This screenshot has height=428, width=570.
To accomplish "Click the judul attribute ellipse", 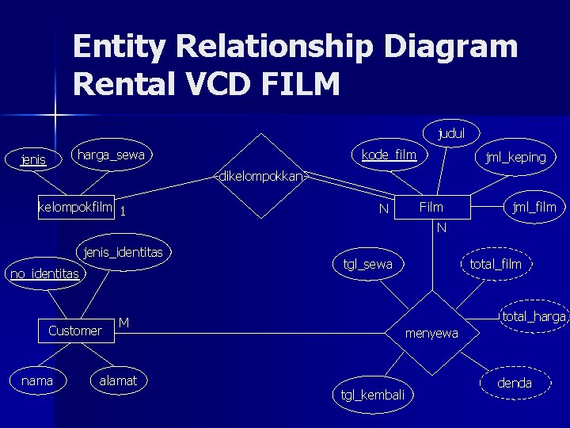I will click(x=450, y=133).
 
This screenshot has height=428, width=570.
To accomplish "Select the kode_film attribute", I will click(x=388, y=155).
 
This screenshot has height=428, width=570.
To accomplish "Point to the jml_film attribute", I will click(x=534, y=208).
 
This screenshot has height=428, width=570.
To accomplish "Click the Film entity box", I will click(x=431, y=208).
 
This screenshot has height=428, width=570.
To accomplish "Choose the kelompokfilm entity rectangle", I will click(x=76, y=208).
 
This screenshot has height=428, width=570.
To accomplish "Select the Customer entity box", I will click(x=75, y=331).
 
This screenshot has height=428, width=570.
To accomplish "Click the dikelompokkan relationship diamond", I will click(x=260, y=176).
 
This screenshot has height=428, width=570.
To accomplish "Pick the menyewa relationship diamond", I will click(x=431, y=334).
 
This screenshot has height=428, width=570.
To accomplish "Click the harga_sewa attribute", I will click(x=111, y=155).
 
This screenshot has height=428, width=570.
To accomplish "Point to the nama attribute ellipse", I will click(x=37, y=381).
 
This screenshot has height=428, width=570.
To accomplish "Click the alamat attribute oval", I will click(x=118, y=381).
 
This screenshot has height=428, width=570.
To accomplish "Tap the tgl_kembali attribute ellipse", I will click(x=372, y=395).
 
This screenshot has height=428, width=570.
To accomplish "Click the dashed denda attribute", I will click(x=515, y=384).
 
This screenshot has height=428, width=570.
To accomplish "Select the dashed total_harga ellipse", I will click(x=534, y=317).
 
